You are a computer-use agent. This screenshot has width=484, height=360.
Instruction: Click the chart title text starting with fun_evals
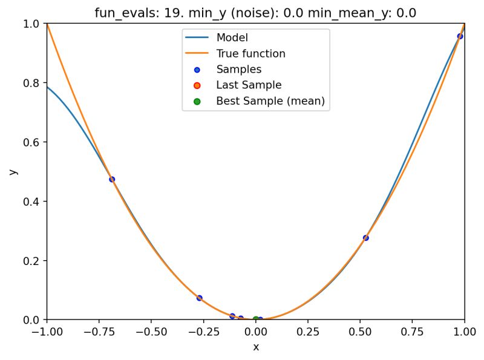click(x=255, y=13)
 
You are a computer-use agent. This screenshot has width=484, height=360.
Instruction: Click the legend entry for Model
click(x=232, y=38)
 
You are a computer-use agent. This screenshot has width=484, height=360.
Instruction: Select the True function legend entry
click(x=250, y=54)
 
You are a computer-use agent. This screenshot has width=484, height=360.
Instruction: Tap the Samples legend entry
click(x=238, y=70)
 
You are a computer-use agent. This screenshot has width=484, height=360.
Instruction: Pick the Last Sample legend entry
click(x=249, y=85)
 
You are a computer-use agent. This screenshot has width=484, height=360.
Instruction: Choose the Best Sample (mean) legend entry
click(x=270, y=101)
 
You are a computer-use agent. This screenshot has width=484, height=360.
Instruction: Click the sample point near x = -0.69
click(x=112, y=179)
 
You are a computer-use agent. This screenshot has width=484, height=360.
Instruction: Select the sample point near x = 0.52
click(x=365, y=238)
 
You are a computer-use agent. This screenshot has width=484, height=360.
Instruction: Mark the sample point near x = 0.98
click(x=460, y=36)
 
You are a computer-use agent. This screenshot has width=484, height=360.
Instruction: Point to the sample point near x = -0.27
click(x=200, y=298)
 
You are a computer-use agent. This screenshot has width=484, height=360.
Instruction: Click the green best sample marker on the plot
click(x=255, y=319)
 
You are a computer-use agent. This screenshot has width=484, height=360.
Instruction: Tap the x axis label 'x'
click(x=256, y=347)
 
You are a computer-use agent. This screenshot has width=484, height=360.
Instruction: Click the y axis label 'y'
click(x=13, y=172)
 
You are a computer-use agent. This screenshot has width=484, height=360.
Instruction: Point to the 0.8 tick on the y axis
click(x=31, y=83)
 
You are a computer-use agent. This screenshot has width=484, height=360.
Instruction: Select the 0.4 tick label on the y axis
click(x=31, y=201)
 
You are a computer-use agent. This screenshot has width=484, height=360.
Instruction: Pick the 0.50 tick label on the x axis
click(x=361, y=332)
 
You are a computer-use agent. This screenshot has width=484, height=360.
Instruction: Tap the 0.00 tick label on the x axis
click(x=256, y=332)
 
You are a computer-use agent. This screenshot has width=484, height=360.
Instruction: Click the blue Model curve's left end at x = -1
click(x=48, y=87)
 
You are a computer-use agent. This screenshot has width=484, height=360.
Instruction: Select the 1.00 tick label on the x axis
click(x=465, y=332)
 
